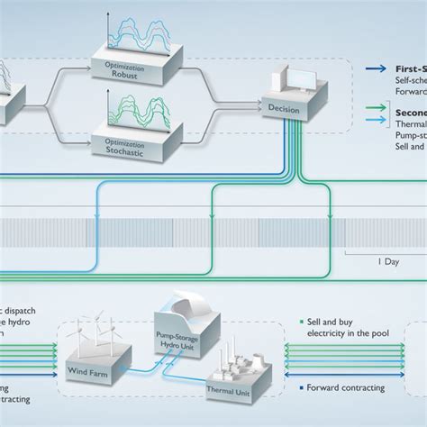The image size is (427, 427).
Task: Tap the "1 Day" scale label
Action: point(386,261)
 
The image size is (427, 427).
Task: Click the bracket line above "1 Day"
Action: point(386,252)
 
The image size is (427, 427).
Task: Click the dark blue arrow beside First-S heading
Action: point(375,68)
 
